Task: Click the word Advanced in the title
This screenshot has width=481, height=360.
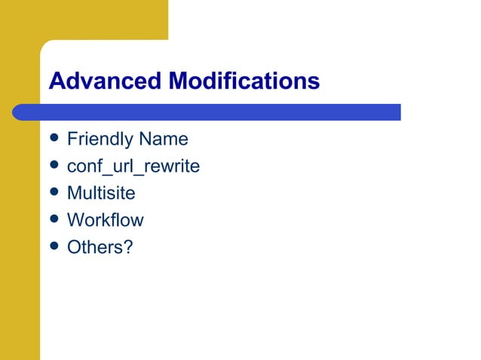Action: (106, 81)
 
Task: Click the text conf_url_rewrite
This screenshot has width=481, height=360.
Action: (133, 166)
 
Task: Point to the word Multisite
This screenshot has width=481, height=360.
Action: (101, 194)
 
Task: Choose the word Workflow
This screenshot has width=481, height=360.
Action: (105, 221)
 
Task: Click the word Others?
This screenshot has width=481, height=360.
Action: (100, 247)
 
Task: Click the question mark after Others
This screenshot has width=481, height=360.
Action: (128, 247)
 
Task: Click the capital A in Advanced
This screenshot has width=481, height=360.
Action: (57, 81)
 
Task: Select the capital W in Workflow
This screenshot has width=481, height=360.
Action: (75, 221)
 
